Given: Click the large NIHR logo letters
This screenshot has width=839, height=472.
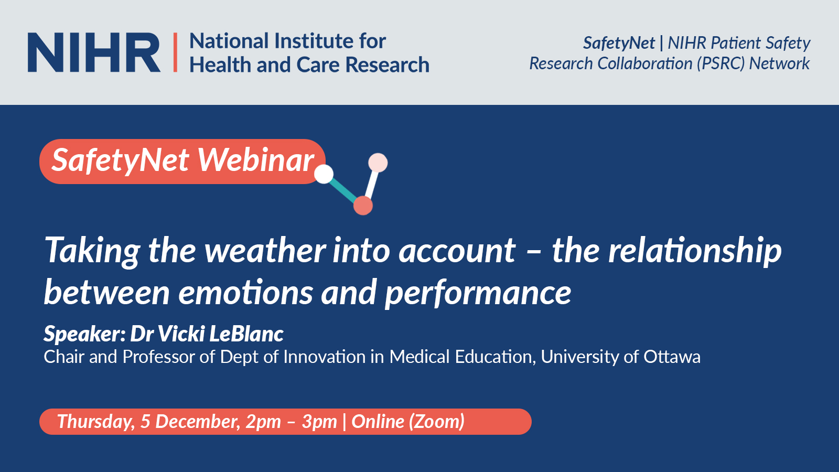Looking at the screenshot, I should pyautogui.click(x=94, y=52).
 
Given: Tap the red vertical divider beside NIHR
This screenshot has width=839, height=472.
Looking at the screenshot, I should pyautogui.click(x=176, y=52).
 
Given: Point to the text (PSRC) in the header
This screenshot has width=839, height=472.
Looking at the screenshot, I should pyautogui.click(x=720, y=63).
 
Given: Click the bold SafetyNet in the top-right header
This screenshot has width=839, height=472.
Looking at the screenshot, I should pyautogui.click(x=619, y=42).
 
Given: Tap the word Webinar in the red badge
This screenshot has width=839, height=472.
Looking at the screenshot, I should pyautogui.click(x=256, y=160).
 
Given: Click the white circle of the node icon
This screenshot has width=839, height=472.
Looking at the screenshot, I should pyautogui.click(x=324, y=174).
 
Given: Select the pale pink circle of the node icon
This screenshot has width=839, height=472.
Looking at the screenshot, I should pyautogui.click(x=378, y=163).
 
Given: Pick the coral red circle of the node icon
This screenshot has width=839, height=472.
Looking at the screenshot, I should pyautogui.click(x=363, y=206).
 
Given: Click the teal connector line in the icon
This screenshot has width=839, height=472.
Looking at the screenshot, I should pyautogui.click(x=343, y=190).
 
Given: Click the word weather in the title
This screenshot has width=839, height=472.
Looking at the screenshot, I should pyautogui.click(x=265, y=250).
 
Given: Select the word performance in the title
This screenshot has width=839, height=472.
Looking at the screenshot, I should pyautogui.click(x=478, y=293).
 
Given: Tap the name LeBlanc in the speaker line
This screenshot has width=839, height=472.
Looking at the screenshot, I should pyautogui.click(x=246, y=334).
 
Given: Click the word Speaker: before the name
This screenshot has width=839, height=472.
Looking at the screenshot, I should pyautogui.click(x=84, y=334).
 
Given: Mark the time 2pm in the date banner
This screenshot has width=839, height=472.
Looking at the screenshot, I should pyautogui.click(x=263, y=422).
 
